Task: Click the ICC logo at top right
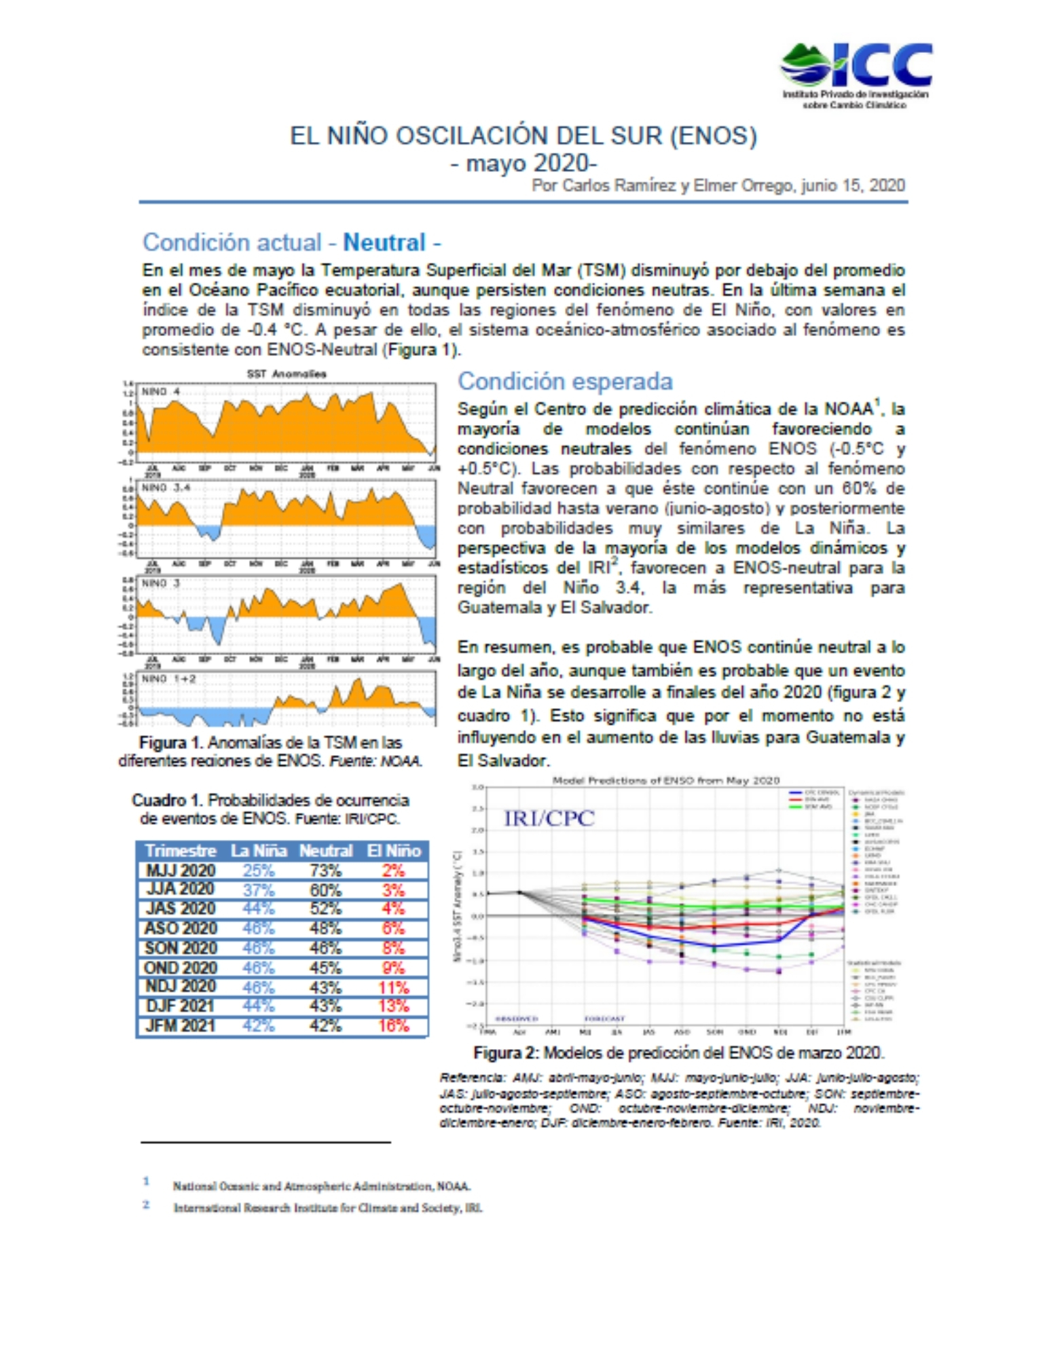click(855, 73)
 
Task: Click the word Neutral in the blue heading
click(384, 242)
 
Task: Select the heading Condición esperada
click(565, 382)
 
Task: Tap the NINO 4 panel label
click(160, 392)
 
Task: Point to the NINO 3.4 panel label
click(165, 488)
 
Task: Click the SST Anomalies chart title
click(286, 374)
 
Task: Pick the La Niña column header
click(259, 851)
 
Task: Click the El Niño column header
click(394, 851)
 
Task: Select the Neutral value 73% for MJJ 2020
click(325, 870)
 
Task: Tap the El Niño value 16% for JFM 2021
click(394, 1025)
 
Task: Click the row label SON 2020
click(180, 948)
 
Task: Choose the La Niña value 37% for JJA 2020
click(259, 889)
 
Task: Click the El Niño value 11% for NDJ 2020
click(394, 987)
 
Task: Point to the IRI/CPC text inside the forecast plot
click(549, 818)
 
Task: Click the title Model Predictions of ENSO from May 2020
click(665, 780)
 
